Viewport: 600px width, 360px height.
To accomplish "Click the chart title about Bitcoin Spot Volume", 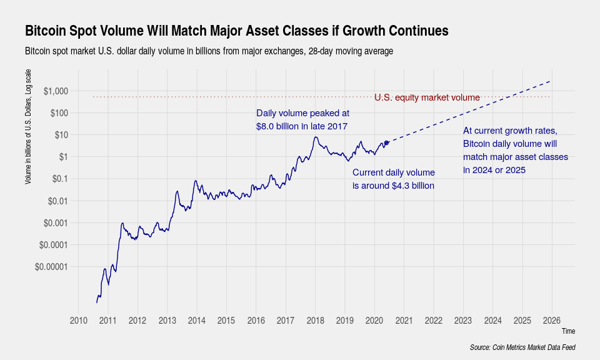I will (237, 31).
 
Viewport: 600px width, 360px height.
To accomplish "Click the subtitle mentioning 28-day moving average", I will (209, 51).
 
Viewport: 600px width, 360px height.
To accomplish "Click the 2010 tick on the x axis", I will (78, 321).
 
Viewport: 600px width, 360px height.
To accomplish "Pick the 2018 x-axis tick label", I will (315, 321).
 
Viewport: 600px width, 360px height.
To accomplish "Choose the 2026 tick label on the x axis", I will (552, 321).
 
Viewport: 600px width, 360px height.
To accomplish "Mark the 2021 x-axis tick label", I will (404, 321).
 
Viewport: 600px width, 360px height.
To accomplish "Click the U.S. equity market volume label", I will (427, 97).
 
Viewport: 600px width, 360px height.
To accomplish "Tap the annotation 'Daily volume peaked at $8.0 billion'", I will (302, 120).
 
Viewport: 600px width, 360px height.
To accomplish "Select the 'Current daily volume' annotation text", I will (393, 179).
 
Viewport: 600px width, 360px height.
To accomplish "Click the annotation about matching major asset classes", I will (515, 150).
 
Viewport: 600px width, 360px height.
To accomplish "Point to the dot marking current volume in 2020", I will (387, 142).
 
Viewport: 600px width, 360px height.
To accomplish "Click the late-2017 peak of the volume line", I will (316, 137).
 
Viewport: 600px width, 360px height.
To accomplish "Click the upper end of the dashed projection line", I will (550, 81).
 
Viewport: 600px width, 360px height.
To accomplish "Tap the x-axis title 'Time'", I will (568, 331).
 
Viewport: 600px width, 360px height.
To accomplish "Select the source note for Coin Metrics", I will (522, 347).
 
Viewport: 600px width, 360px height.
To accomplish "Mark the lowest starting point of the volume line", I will (97, 303).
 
